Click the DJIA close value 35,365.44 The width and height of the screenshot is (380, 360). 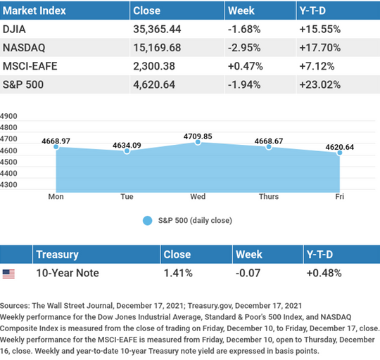[x=157, y=30]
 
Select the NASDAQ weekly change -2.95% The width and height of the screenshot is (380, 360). [x=244, y=48]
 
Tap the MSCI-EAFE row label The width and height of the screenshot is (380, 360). [x=30, y=66]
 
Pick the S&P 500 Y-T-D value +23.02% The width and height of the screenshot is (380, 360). [x=320, y=85]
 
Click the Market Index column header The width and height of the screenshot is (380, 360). [x=34, y=11]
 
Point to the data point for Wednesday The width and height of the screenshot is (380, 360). [x=198, y=142]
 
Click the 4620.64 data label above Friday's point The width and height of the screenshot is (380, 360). [x=339, y=147]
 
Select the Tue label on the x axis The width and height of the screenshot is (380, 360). [x=127, y=196]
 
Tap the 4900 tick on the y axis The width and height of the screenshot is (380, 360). [x=8, y=116]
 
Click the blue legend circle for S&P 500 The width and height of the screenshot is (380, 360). [x=147, y=221]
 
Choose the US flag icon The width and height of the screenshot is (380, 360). [x=8, y=274]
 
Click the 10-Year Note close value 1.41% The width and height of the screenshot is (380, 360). [x=178, y=273]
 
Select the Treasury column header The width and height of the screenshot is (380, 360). [x=57, y=255]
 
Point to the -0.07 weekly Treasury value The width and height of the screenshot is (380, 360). [x=248, y=273]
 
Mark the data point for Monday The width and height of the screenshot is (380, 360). [x=56, y=147]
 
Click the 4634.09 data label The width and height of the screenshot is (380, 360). [x=127, y=146]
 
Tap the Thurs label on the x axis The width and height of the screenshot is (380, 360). [x=269, y=196]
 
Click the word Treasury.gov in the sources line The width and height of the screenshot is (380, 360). [x=210, y=306]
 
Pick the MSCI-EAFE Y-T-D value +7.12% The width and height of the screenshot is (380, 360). [x=317, y=66]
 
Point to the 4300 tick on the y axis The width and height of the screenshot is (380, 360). [x=8, y=185]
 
